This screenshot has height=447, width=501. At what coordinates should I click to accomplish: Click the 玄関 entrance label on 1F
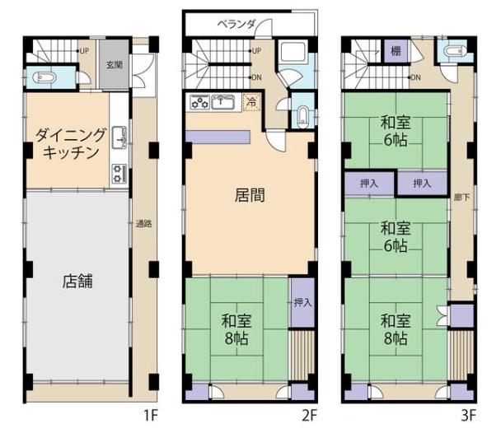tap(115, 65)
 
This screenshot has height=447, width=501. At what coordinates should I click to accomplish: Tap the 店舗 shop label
tap(77, 282)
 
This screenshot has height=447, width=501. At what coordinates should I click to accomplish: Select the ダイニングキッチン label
tap(70, 144)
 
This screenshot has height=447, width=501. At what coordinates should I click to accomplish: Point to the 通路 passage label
tap(143, 224)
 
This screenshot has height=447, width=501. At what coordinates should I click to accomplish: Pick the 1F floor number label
tap(151, 416)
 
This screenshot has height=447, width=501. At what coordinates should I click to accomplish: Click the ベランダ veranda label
tap(236, 24)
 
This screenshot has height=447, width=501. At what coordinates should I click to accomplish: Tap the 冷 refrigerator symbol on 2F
tap(252, 103)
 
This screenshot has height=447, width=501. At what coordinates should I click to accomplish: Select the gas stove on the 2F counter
tap(199, 102)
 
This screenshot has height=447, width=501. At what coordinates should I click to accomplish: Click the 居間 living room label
tap(250, 195)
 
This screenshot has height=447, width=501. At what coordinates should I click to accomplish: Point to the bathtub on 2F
tap(293, 50)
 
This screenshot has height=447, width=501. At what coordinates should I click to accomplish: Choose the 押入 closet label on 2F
tap(302, 302)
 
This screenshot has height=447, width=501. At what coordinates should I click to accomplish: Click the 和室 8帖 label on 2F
tap(236, 329)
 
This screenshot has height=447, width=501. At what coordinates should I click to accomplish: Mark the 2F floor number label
tap(309, 416)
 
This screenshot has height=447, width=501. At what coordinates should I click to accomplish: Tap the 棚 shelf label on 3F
tap(396, 50)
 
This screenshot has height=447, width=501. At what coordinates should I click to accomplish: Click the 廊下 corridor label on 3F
tap(462, 198)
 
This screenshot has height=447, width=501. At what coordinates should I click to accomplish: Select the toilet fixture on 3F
tap(456, 51)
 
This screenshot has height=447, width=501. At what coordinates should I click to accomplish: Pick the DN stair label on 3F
tap(415, 77)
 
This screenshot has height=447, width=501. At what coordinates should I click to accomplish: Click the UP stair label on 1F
tap(84, 51)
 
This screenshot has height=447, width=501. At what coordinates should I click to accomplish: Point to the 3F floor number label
tap(468, 416)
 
